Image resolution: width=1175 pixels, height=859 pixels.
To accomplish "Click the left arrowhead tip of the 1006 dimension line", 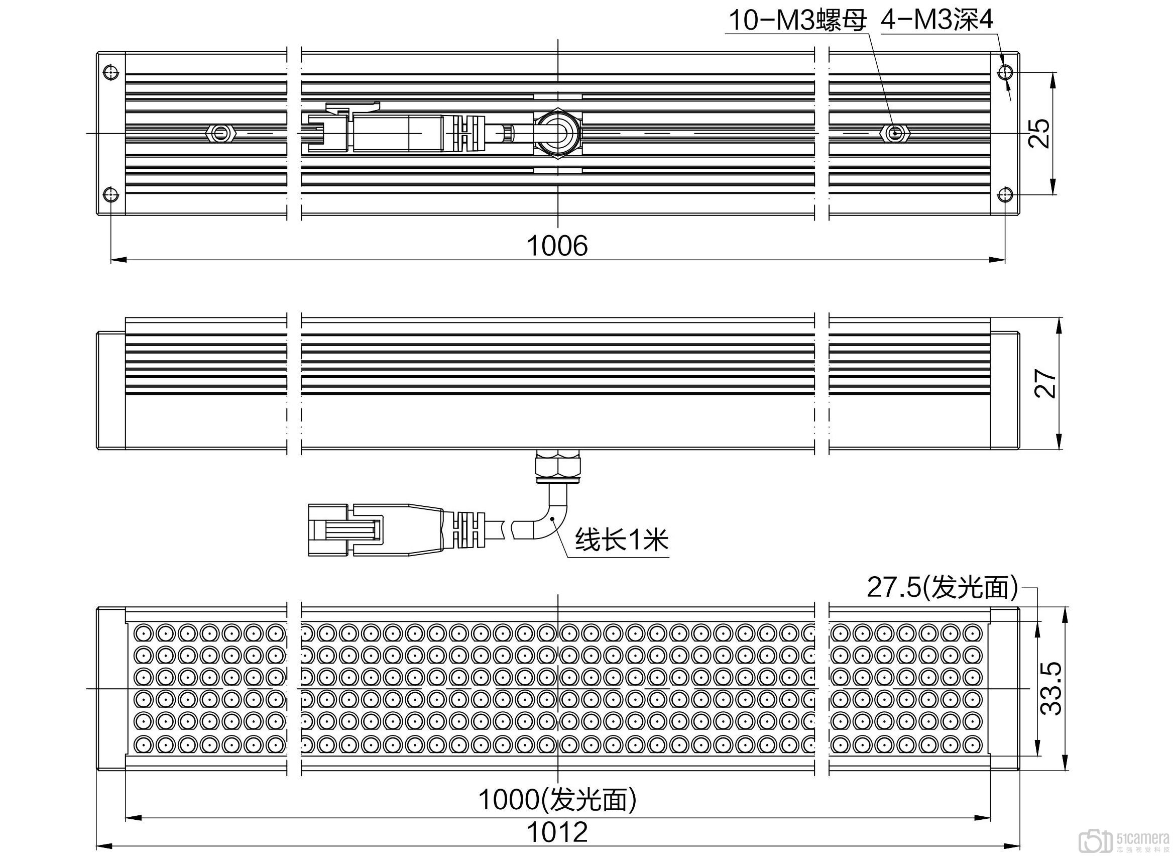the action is [111, 260].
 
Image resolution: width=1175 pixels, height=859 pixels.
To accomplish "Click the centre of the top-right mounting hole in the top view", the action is [1005, 72].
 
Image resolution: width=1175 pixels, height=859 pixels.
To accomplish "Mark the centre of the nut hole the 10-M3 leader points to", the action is [894, 134].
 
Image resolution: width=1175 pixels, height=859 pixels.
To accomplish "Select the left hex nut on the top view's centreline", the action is [222, 134].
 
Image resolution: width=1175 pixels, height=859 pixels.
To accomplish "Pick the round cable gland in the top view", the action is [557, 133].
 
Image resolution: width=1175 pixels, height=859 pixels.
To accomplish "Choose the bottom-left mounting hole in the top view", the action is [111, 195].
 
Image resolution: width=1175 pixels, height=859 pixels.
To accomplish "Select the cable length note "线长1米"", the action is [622, 540].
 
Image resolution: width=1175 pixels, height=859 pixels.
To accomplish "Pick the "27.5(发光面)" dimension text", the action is [942, 588].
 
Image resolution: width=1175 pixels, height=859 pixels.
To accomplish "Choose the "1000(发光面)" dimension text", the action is [557, 799].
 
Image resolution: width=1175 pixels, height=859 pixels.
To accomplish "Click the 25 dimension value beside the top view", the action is [1039, 134].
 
